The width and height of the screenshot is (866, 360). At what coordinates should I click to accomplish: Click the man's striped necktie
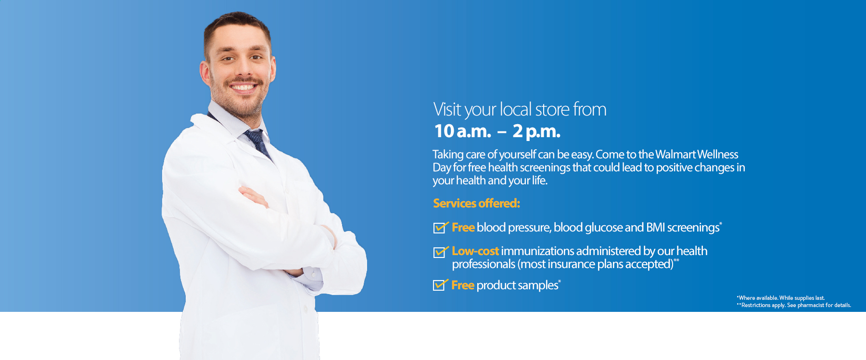point(258,143)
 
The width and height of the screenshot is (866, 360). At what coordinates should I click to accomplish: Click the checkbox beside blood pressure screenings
point(441,227)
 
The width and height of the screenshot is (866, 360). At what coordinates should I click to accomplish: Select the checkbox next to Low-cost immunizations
point(441,252)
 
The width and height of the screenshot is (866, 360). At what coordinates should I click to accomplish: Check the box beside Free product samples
point(441,285)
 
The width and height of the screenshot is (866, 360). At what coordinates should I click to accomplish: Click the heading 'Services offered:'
point(476,204)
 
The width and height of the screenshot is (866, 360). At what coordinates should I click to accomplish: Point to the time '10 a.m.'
point(462,131)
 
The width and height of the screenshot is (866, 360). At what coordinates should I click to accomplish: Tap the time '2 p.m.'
point(536,131)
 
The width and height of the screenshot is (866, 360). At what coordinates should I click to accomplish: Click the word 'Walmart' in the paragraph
point(675,154)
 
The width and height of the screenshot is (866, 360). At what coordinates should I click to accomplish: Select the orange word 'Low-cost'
point(475,251)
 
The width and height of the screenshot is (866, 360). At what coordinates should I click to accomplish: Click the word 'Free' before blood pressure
point(463,227)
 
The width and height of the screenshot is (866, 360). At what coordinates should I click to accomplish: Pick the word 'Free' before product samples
point(463,285)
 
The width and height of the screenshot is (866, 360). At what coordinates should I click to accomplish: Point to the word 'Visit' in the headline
point(447,109)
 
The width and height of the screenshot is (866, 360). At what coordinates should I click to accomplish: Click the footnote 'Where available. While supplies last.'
point(781,298)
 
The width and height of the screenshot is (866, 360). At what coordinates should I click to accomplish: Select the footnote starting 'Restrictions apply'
point(794,305)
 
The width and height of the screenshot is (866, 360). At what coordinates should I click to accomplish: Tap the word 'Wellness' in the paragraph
point(717,154)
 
